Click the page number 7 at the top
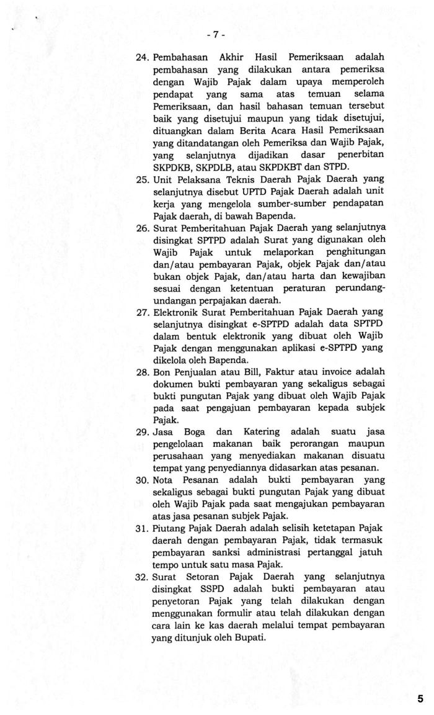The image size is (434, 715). tap(216, 35)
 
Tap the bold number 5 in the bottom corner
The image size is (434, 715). tap(421, 699)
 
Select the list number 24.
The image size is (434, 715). tap(143, 58)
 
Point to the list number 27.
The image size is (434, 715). tap(143, 312)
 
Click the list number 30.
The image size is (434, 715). tap(143, 480)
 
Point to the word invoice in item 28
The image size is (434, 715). tap(317, 372)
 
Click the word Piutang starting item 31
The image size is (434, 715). tap(170, 528)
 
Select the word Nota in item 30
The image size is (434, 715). tap(164, 480)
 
